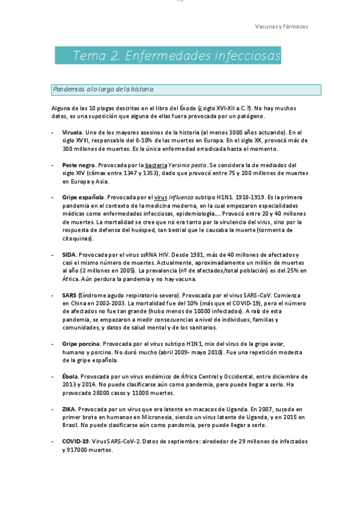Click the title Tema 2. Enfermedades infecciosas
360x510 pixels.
[x=177, y=57]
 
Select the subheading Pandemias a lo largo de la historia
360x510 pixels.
[x=103, y=90]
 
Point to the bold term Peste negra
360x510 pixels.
[x=78, y=165]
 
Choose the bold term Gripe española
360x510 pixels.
[x=83, y=197]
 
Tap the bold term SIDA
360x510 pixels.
[x=69, y=255]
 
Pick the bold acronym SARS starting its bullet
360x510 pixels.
[x=69, y=296]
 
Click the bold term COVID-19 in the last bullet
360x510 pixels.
[x=75, y=441]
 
